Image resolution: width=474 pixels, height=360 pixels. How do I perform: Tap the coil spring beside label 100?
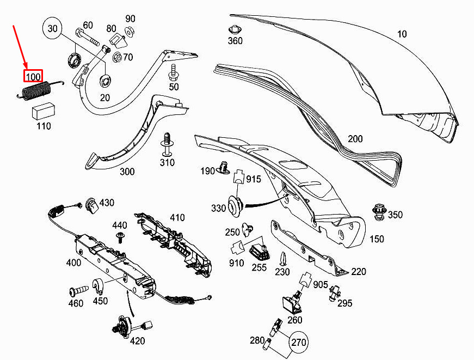click(40, 90)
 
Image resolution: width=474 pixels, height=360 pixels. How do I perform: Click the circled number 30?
click(52, 28)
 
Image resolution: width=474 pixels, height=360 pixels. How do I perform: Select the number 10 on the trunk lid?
click(402, 34)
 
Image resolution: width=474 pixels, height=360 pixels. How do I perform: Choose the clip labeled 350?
click(379, 212)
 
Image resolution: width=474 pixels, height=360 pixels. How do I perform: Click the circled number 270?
click(298, 343)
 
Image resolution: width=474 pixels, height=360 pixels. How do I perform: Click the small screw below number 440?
click(121, 237)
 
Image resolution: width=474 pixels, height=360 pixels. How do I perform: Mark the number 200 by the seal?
click(355, 139)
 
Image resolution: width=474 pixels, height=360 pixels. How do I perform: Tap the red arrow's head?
click(26, 67)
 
